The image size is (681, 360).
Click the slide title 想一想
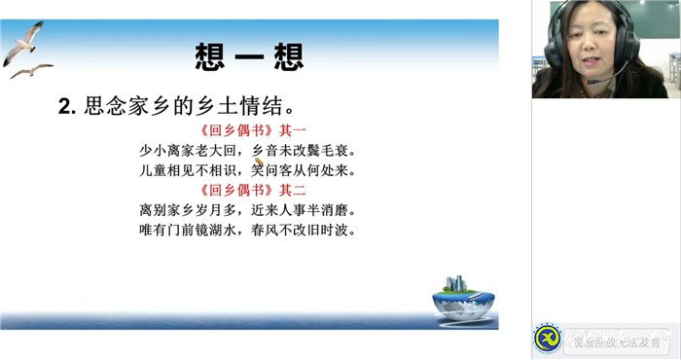(249, 55)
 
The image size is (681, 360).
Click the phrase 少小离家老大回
(189, 152)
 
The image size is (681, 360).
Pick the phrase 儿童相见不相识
(189, 171)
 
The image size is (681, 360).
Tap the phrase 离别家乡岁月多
(189, 210)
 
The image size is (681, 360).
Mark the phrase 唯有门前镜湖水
(189, 230)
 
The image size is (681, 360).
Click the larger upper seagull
(23, 42)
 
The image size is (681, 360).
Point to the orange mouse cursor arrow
(258, 164)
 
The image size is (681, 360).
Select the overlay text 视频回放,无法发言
(614, 342)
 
